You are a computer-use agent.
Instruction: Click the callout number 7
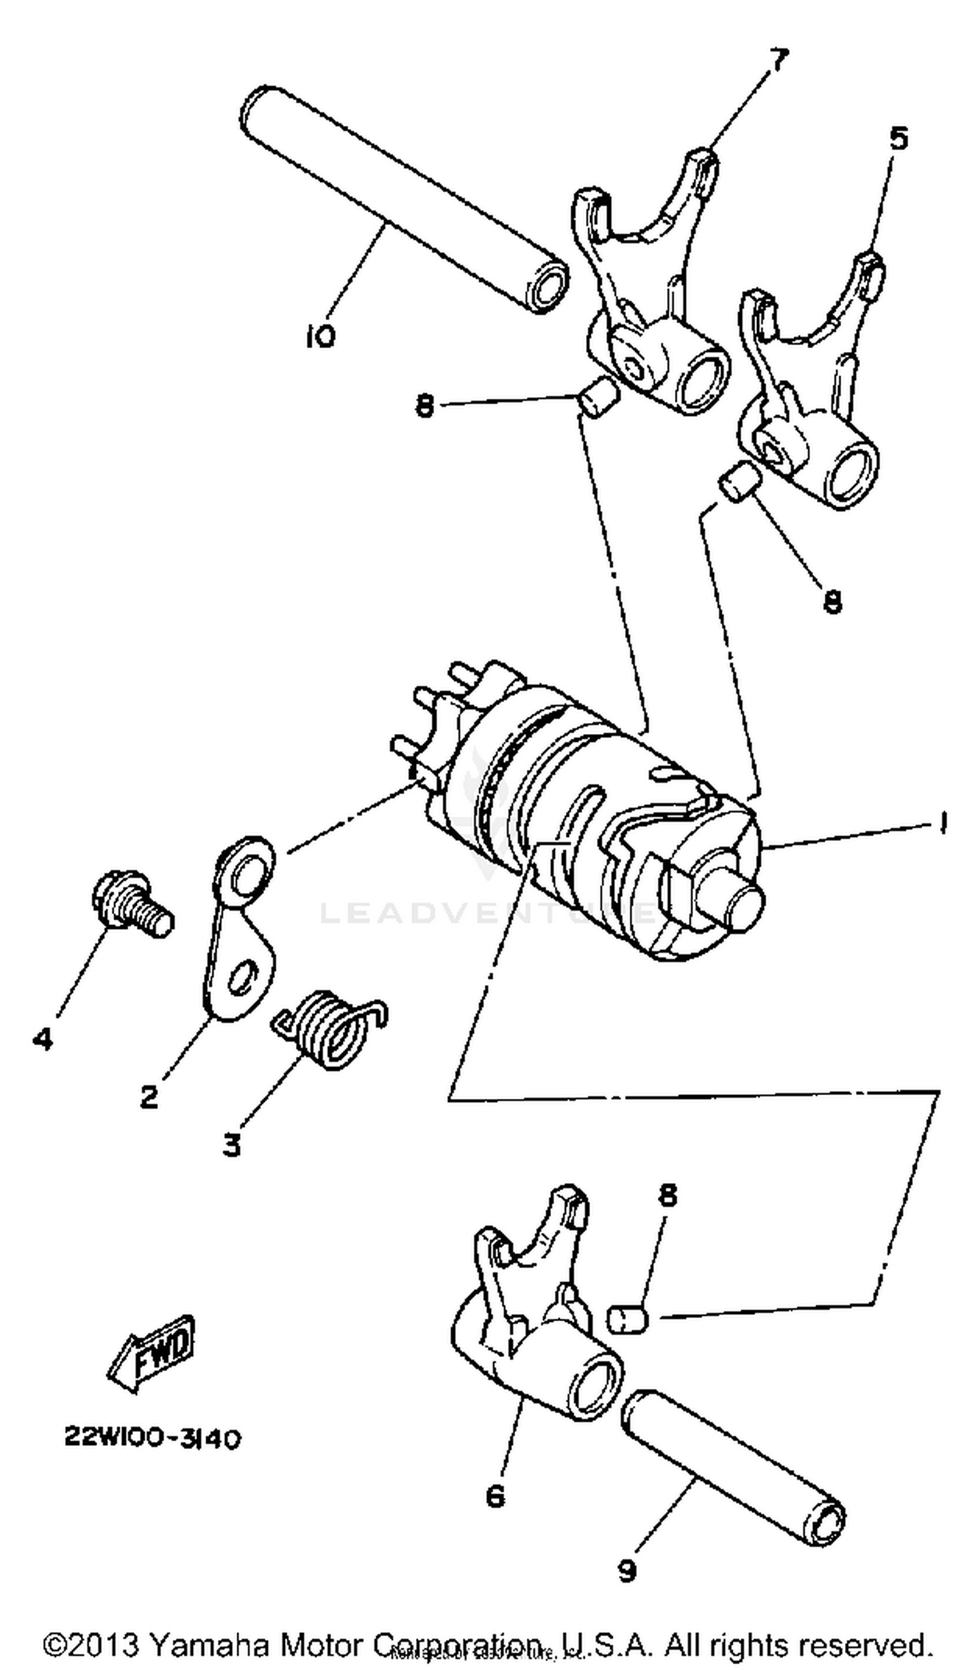[778, 61]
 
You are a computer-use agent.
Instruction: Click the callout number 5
[898, 138]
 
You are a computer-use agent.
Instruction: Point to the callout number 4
[42, 1038]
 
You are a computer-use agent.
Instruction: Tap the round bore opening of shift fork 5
[851, 475]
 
